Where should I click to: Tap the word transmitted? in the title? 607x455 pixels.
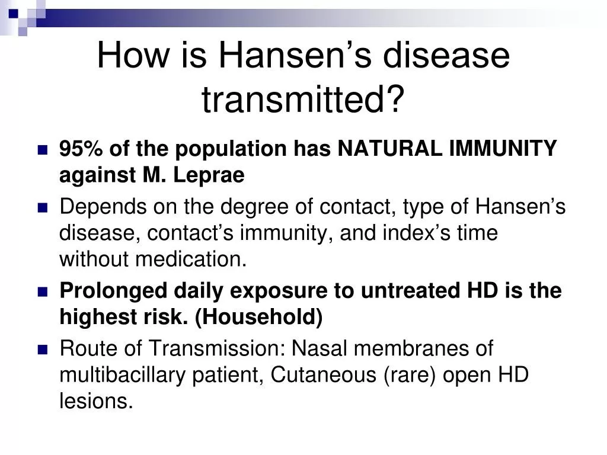pyautogui.click(x=303, y=99)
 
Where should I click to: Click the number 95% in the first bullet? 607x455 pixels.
pyautogui.click(x=81, y=148)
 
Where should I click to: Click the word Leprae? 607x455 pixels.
pyautogui.click(x=209, y=175)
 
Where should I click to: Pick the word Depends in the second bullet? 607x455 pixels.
pyautogui.click(x=103, y=206)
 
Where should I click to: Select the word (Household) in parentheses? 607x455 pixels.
pyautogui.click(x=258, y=318)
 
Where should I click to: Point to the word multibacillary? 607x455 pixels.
pyautogui.click(x=122, y=374)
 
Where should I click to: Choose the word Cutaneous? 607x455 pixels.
pyautogui.click(x=323, y=374)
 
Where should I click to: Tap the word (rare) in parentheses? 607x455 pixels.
pyautogui.click(x=410, y=375)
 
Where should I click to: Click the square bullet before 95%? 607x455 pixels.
pyautogui.click(x=43, y=150)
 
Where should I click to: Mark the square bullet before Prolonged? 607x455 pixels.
pyautogui.click(x=43, y=292)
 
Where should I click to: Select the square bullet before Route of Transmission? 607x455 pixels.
pyautogui.click(x=43, y=350)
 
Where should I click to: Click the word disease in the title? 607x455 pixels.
pyautogui.click(x=446, y=55)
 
